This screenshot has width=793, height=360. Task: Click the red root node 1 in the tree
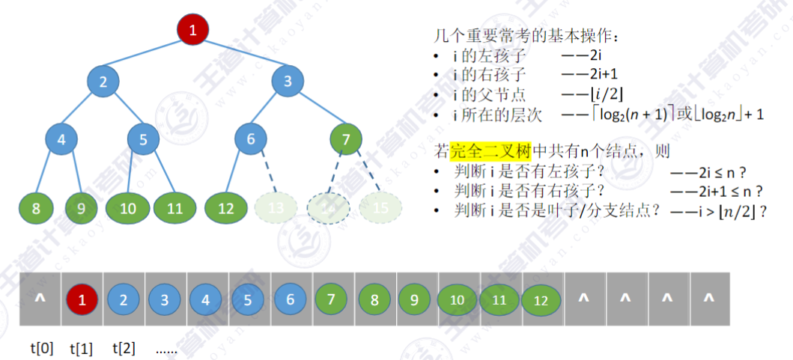pyautogui.click(x=192, y=31)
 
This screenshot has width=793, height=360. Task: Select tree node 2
pyautogui.click(x=103, y=82)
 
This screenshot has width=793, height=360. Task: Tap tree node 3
pyautogui.click(x=288, y=82)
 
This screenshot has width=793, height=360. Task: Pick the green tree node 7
pyautogui.click(x=345, y=138)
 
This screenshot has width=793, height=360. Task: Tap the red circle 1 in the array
pyautogui.click(x=82, y=301)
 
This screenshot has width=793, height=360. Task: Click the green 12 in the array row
pyautogui.click(x=541, y=301)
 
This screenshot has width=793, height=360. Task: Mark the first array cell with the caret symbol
pyautogui.click(x=40, y=299)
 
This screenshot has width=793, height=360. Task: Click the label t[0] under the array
pyautogui.click(x=42, y=348)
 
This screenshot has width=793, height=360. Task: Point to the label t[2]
pyautogui.click(x=124, y=348)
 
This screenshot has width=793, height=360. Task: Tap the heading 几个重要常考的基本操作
pyautogui.click(x=529, y=35)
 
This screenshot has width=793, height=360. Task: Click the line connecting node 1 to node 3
pyautogui.click(x=241, y=56)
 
